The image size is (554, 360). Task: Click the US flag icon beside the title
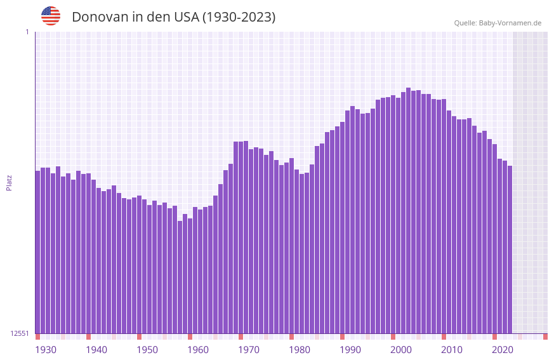click(51, 16)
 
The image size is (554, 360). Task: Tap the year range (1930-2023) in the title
click(239, 17)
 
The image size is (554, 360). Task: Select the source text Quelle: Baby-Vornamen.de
click(498, 23)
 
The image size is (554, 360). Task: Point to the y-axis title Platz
click(9, 182)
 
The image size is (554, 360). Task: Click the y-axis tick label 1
click(27, 32)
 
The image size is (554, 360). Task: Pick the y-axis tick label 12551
click(20, 333)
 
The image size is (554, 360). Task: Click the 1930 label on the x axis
click(46, 350)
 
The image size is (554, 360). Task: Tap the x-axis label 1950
click(147, 350)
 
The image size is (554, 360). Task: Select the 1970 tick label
click(249, 350)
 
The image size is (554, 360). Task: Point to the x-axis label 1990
click(350, 350)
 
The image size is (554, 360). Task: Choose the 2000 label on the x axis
click(401, 350)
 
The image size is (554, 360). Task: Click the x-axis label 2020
click(503, 350)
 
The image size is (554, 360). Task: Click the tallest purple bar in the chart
click(408, 210)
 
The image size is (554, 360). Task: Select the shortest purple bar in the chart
click(180, 277)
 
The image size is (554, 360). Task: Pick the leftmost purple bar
click(37, 251)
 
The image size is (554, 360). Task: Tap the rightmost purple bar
click(510, 249)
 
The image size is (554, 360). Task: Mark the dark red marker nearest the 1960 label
click(190, 337)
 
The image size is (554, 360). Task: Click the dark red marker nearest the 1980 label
click(291, 337)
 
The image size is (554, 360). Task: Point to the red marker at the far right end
click(545, 337)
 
